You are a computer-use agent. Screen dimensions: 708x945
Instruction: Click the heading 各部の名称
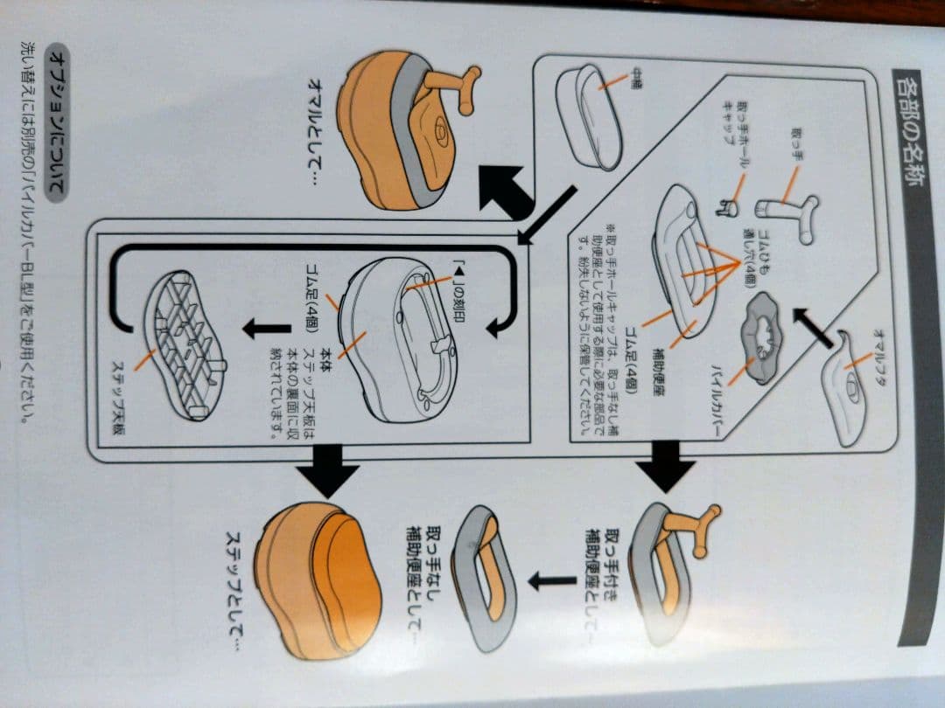[906, 132]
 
